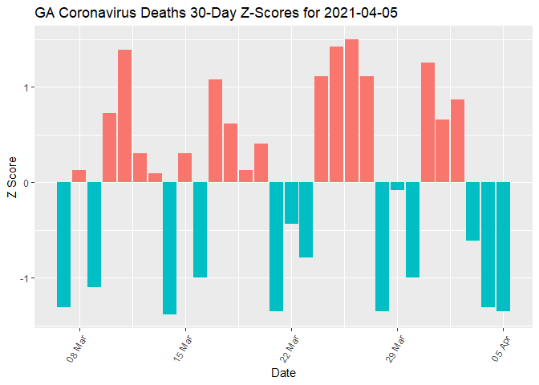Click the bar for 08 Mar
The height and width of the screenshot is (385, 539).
[x=79, y=176]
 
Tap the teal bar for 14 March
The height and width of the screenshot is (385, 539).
[x=169, y=248]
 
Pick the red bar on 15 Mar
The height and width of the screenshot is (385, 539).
[x=184, y=168]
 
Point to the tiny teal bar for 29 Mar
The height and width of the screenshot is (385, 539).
[x=397, y=186]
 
